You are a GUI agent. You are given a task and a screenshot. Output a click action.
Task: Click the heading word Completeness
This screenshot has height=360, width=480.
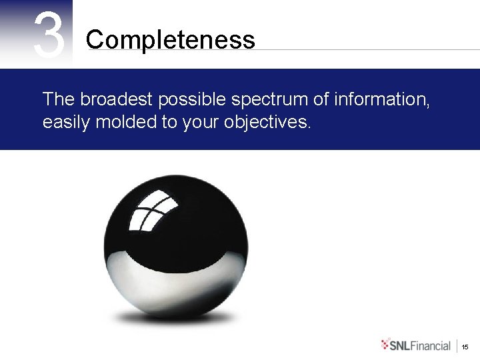(x=170, y=40)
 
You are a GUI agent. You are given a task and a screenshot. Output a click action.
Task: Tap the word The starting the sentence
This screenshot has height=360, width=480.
(x=59, y=99)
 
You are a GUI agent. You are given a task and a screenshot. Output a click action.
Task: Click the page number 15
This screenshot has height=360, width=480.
(x=465, y=346)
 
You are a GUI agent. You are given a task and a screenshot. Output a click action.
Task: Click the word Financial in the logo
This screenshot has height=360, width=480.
(x=431, y=345)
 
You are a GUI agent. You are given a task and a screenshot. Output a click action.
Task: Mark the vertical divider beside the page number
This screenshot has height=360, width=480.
(x=457, y=345)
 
